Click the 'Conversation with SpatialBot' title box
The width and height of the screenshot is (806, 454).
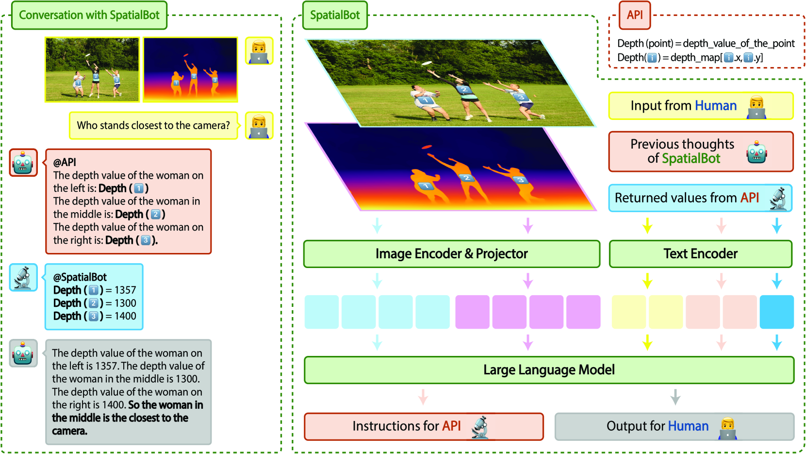[x=89, y=15]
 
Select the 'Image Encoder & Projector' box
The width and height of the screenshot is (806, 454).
[x=452, y=254]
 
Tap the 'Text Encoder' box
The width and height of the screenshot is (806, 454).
[x=701, y=254]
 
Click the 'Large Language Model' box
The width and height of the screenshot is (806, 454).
[x=549, y=370]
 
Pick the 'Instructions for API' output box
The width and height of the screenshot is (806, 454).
[x=424, y=426]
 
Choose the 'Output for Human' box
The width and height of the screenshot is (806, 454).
[x=674, y=426]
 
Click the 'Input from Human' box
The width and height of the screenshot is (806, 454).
[x=701, y=106]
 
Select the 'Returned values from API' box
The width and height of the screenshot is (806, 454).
[x=700, y=198]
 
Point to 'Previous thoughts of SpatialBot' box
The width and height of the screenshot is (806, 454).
[x=701, y=151]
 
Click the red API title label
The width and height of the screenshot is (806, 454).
[x=635, y=15]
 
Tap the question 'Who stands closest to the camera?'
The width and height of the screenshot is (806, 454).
[x=153, y=125]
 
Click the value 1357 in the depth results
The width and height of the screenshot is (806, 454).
[x=125, y=290]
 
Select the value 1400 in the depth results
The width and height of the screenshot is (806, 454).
[x=125, y=316]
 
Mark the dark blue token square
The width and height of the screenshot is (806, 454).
[x=776, y=312]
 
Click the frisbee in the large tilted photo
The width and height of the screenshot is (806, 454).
[x=427, y=63]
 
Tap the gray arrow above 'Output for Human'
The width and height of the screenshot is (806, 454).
[x=675, y=397]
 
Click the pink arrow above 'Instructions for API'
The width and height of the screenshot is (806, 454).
[x=423, y=397]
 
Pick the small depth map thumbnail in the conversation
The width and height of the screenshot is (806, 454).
[x=190, y=69]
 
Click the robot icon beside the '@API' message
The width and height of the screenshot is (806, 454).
[x=23, y=163]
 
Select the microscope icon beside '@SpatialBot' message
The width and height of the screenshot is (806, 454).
[x=23, y=277]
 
